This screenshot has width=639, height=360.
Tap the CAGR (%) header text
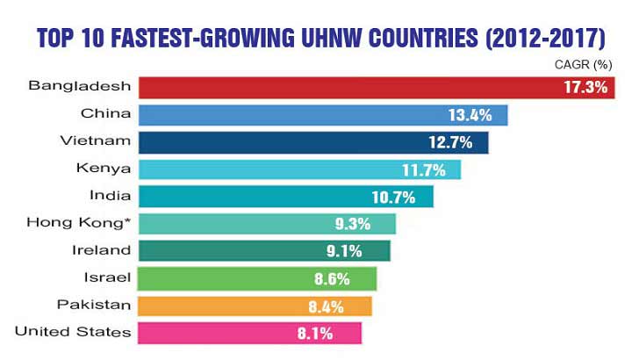click(585, 65)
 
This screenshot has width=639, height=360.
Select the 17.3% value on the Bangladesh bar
click(582, 87)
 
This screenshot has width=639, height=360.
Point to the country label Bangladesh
click(80, 86)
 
